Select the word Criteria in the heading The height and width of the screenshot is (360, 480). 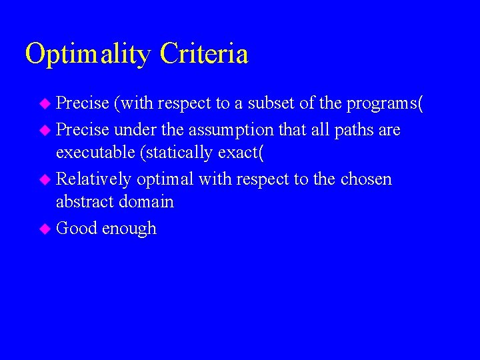tap(204, 54)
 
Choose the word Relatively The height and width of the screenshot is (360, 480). tap(94, 179)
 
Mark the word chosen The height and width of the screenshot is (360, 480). tap(366, 179)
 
